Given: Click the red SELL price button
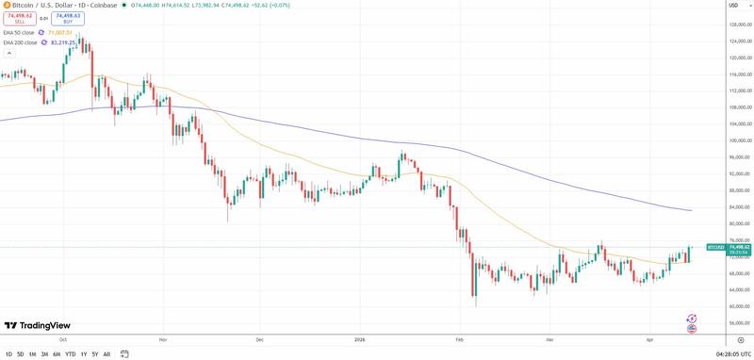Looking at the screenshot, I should tap(19, 17).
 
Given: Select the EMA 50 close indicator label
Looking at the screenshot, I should tap(20, 32).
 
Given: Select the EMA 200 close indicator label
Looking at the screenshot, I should tap(21, 42).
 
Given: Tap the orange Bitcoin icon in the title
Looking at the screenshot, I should tap(7, 6).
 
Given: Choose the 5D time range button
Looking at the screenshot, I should tap(20, 354).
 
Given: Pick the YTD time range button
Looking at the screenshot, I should tap(70, 354).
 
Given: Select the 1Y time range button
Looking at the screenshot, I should tap(83, 354).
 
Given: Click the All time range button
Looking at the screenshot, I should tap(107, 354).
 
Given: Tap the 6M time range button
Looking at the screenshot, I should tap(57, 354).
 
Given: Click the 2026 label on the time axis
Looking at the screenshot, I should tap(359, 337).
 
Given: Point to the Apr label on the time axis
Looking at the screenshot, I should tap(648, 337).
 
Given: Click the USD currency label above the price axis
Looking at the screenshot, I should tap(731, 7).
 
